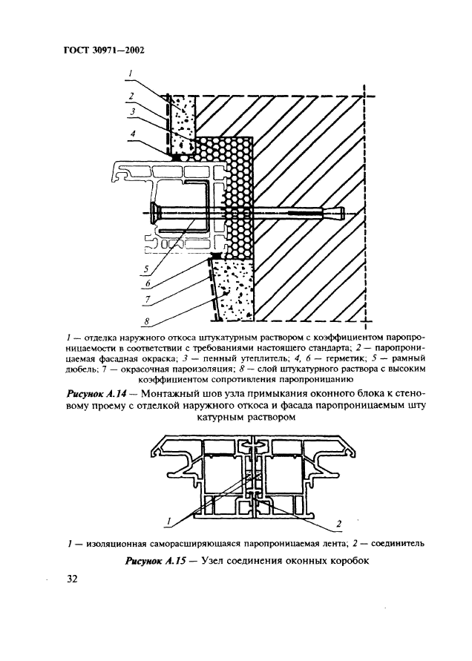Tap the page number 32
[x=64, y=578]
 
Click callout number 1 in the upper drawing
[x=131, y=73]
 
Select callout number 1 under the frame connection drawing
[x=171, y=519]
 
